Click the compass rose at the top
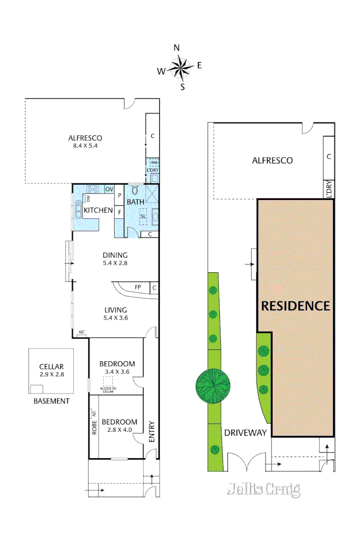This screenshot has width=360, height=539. [x=179, y=67]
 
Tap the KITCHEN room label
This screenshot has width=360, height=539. [x=98, y=210]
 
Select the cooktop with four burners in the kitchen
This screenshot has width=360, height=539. [x=93, y=189]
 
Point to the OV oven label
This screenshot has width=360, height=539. [x=109, y=189]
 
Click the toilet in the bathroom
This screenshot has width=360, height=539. [x=135, y=190]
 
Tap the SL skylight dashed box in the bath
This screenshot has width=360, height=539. [x=144, y=216]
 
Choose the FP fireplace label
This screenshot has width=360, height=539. [x=138, y=287]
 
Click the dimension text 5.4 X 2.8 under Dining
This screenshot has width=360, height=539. [x=115, y=263]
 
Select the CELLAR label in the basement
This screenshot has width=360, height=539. [x=52, y=367]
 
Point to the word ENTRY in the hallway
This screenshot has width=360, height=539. [x=151, y=432]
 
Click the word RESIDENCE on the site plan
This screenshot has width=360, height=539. [x=295, y=306]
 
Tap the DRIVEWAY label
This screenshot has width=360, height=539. [x=245, y=432]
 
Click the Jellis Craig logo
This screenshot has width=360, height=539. [x=263, y=489]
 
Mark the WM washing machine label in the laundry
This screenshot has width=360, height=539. [x=154, y=162]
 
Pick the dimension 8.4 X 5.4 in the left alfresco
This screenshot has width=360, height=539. [x=85, y=146]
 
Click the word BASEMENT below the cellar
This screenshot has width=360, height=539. [x=51, y=401]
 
